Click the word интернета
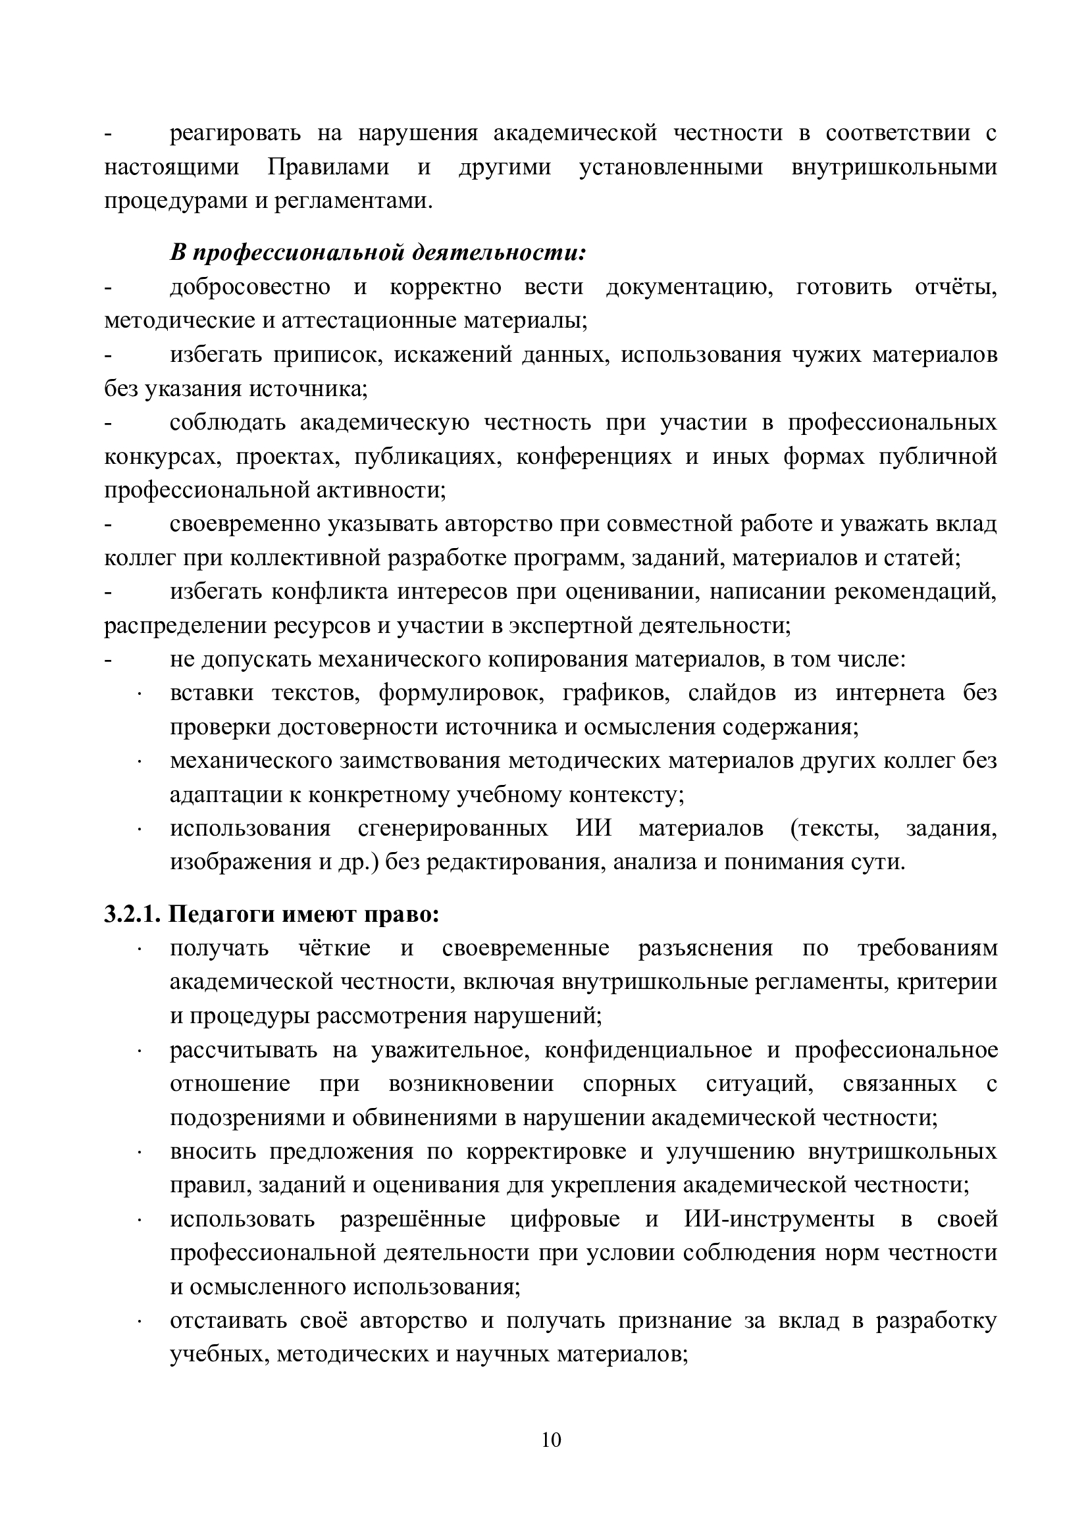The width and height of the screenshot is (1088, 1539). [x=890, y=693]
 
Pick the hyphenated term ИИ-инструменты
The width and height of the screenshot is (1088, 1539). [x=779, y=1219]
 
